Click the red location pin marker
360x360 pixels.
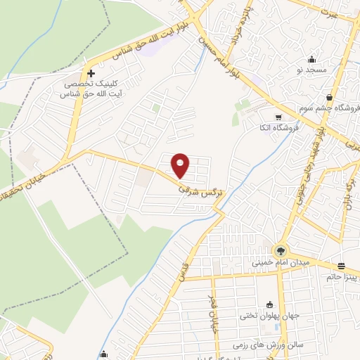tap(181, 165)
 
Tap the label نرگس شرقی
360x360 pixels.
tap(200, 191)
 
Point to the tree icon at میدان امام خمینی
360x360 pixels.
tap(281, 250)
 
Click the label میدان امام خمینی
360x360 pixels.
tap(281, 263)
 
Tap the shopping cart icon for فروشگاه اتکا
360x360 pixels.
tap(279, 117)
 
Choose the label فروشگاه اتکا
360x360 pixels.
tap(276, 127)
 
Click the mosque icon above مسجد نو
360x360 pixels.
tap(312, 59)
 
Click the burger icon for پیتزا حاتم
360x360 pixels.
tap(342, 265)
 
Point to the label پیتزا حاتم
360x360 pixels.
tap(342, 277)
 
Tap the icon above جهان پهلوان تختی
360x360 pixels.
tap(270, 304)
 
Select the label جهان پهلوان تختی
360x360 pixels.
tap(271, 316)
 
